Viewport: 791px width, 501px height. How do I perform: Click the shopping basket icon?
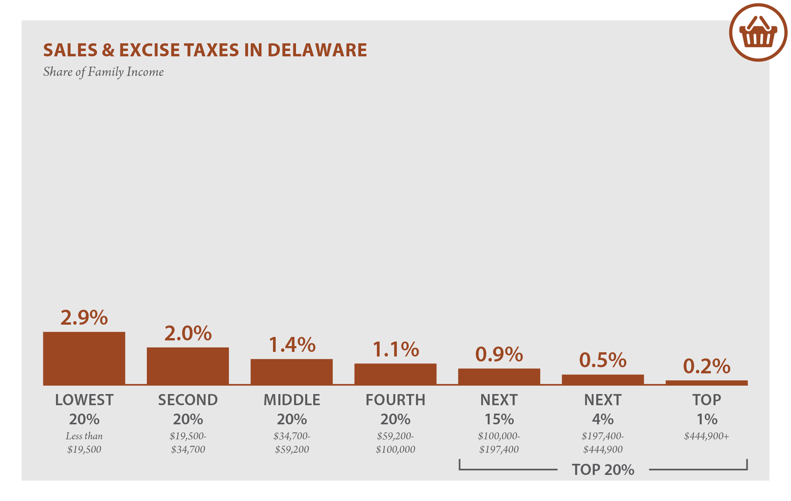[x=758, y=32]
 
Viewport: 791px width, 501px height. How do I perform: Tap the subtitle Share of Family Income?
[x=103, y=72]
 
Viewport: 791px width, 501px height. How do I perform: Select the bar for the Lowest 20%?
[x=84, y=358]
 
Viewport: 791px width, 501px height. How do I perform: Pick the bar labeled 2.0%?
[x=188, y=366]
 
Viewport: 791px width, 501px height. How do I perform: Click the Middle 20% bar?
[x=291, y=371]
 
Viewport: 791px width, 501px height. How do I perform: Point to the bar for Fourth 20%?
[x=395, y=374]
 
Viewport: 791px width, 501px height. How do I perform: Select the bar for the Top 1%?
[x=706, y=383]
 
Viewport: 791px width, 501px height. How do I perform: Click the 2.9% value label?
[x=84, y=317]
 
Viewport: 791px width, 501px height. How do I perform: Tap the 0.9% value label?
[x=499, y=354]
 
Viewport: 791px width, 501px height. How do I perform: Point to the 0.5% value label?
[x=602, y=360]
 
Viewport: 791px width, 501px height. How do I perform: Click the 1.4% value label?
[x=291, y=344]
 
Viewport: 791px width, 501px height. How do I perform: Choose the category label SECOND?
[x=188, y=400]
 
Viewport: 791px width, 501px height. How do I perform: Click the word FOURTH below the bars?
[x=395, y=400]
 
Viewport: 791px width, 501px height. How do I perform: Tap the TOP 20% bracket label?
[x=603, y=470]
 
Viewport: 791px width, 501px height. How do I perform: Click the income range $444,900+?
[x=706, y=436]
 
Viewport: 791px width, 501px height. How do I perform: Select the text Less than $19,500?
[x=84, y=443]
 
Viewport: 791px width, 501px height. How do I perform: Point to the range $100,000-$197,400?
[x=499, y=443]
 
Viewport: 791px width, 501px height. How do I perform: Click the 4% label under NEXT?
[x=602, y=419]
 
